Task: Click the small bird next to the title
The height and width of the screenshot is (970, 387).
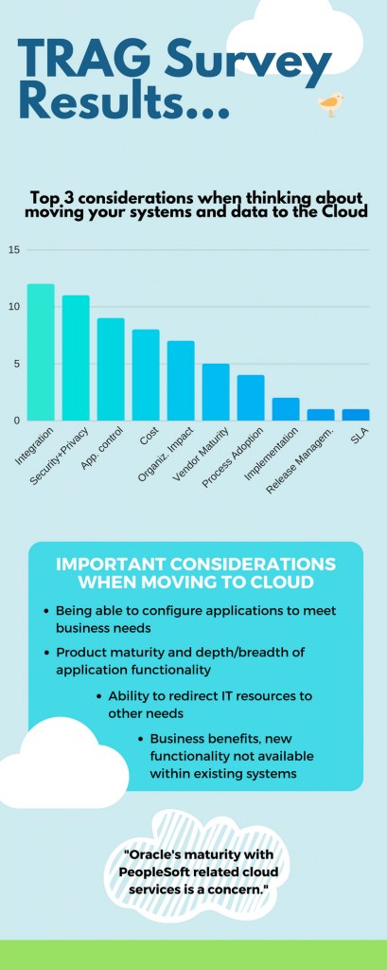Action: [330, 104]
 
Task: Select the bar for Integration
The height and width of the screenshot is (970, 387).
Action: [41, 352]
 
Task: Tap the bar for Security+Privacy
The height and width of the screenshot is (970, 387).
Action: [76, 358]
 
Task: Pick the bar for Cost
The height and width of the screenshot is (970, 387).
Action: [146, 375]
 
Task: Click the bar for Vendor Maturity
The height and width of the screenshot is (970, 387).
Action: [216, 392]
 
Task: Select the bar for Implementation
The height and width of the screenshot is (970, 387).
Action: [286, 409]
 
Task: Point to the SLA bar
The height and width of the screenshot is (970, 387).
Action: [356, 415]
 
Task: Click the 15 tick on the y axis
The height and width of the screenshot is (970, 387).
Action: [13, 250]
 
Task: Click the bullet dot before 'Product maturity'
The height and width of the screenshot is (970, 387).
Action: [47, 653]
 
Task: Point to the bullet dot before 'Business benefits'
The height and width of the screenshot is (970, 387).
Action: [141, 738]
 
